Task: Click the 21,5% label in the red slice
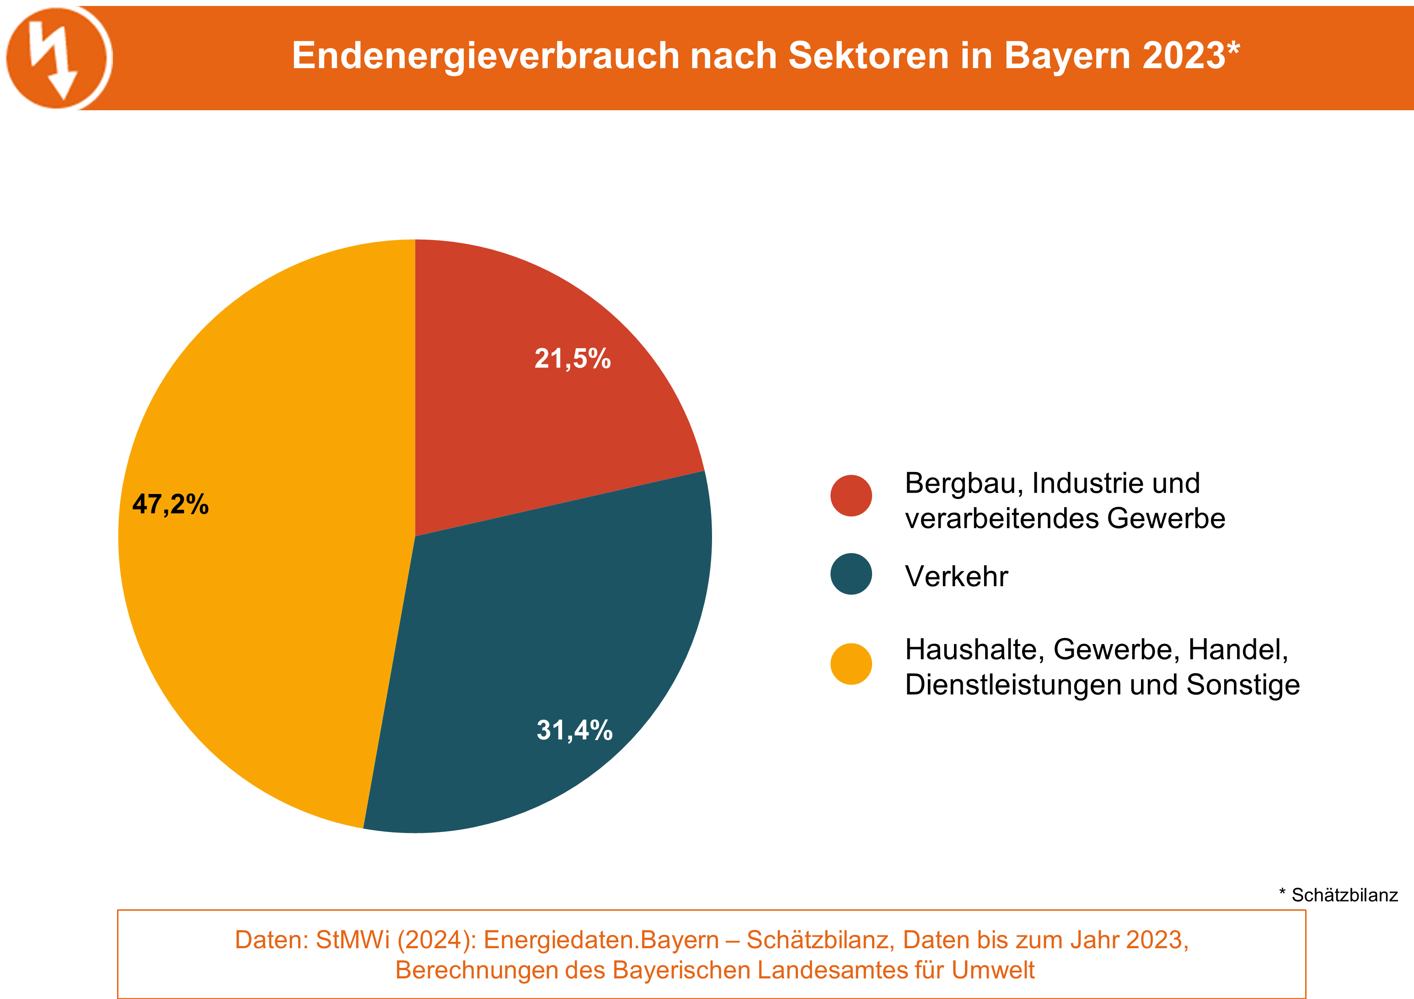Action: [x=572, y=359]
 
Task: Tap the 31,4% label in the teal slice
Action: [x=574, y=730]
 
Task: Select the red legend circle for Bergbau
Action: [x=851, y=495]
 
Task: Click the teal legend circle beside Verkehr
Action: [x=851, y=574]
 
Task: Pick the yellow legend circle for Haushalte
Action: [x=851, y=664]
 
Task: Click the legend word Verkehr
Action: [x=956, y=576]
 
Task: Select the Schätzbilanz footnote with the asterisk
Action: [x=1338, y=895]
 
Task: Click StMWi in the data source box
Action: [x=353, y=940]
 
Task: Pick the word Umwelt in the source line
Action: [x=993, y=970]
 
